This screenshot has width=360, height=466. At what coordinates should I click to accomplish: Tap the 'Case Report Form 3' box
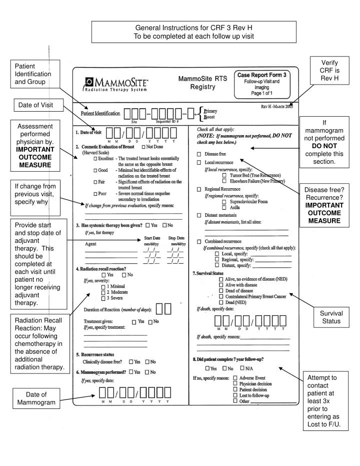click(x=261, y=84)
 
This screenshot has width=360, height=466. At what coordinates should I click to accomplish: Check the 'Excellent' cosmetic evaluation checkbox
click(x=96, y=158)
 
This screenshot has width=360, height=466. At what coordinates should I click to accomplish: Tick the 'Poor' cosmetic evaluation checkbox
click(x=96, y=193)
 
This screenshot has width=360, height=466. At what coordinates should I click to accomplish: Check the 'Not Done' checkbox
click(x=144, y=146)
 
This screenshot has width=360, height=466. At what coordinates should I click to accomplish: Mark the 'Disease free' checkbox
click(x=199, y=154)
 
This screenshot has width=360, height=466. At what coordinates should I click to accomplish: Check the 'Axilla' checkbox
click(x=224, y=207)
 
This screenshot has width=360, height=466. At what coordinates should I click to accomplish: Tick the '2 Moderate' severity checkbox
click(x=103, y=292)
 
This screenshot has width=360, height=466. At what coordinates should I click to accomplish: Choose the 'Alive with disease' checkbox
click(x=221, y=284)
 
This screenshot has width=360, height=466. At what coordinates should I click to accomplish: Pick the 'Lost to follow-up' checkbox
click(x=235, y=395)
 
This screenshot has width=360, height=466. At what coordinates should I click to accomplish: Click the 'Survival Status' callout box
click(x=330, y=317)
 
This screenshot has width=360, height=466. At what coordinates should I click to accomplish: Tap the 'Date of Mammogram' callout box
click(x=36, y=398)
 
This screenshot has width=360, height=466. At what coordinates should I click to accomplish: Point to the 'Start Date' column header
click(x=152, y=238)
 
